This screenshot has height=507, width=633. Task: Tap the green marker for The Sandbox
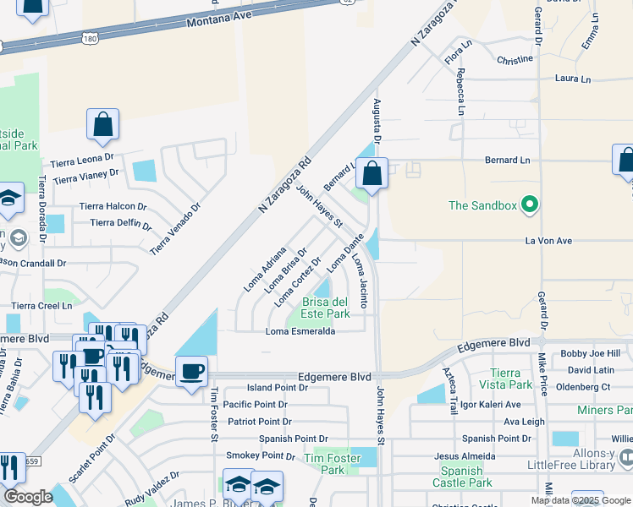[531, 204]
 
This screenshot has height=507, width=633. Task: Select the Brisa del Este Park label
[326, 308]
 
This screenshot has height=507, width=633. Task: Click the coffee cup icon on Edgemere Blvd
[192, 371]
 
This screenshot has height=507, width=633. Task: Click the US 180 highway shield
[91, 38]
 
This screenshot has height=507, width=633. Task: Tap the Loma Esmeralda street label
[301, 331]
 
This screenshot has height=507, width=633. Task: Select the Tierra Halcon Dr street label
[113, 206]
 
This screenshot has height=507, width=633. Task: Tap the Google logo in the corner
[28, 498]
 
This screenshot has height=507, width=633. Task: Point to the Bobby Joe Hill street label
[590, 353]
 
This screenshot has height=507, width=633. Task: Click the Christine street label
[515, 60]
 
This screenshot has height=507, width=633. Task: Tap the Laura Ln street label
[572, 79]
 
